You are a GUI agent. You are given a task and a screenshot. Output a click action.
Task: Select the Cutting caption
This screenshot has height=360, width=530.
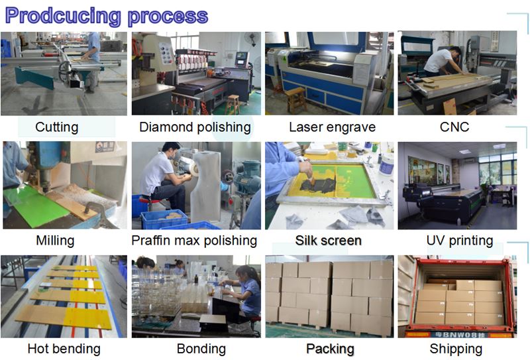coord(56,127)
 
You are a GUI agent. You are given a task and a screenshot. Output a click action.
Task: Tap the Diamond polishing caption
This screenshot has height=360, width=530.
coord(195,127)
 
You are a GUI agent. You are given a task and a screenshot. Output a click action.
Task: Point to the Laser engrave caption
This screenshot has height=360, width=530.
coord(332,127)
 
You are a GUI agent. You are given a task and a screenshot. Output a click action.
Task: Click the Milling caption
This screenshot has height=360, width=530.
coord(55,240)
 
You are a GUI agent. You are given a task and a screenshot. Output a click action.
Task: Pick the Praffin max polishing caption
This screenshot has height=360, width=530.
coord(194,240)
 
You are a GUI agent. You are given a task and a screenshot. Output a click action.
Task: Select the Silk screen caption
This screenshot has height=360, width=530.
coord(329,240)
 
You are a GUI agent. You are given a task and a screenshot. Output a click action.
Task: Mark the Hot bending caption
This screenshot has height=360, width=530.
coord(64,348)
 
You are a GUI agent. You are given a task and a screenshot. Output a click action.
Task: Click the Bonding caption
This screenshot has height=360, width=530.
coord(201,348)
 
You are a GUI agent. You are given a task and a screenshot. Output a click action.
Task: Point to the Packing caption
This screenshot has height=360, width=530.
coord(330,348)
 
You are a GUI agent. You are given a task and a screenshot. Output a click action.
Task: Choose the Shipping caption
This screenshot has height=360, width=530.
coord(456,348)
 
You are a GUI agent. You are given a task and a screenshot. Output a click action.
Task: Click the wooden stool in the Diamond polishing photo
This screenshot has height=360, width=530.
coord(233,104)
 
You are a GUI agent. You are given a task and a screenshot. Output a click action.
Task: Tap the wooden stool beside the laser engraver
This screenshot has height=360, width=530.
coord(296,99)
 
